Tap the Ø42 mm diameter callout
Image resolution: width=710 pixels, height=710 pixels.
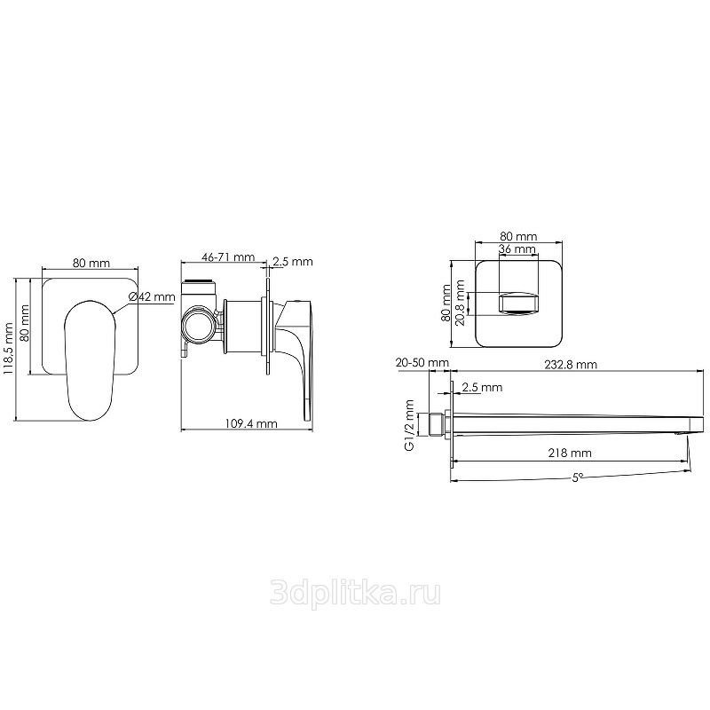click(x=152, y=297)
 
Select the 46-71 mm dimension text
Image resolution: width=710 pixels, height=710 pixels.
click(x=228, y=257)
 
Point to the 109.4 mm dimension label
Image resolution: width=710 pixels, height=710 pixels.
click(x=251, y=423)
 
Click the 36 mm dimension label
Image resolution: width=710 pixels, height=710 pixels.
click(x=517, y=248)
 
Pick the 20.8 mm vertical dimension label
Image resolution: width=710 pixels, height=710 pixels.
click(x=461, y=303)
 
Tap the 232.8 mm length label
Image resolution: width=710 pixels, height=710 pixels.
click(x=571, y=364)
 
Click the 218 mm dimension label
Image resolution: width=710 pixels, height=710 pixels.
click(x=570, y=453)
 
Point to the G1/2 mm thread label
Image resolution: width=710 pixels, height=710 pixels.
click(x=409, y=425)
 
